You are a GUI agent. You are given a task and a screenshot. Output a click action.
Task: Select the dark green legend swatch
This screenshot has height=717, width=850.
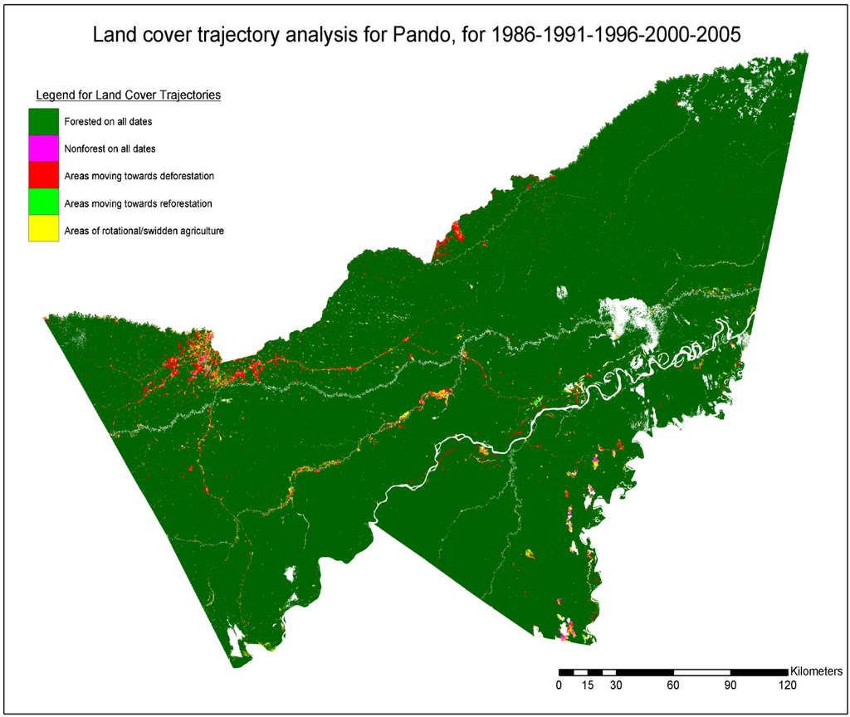tap(43, 121)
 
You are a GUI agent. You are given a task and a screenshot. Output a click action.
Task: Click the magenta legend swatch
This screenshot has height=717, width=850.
tap(43, 149)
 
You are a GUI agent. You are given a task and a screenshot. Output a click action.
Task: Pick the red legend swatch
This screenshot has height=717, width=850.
tap(43, 176)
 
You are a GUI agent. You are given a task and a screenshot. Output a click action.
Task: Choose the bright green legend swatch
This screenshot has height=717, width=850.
tap(43, 203)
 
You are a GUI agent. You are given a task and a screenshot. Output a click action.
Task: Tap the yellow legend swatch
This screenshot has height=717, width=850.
tap(43, 230)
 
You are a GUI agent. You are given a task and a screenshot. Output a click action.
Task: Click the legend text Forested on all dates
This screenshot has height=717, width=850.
tap(108, 122)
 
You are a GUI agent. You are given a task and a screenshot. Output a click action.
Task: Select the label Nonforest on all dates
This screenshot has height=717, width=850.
tap(110, 149)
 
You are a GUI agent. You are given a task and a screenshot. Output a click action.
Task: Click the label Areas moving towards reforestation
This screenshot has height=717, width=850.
tap(138, 204)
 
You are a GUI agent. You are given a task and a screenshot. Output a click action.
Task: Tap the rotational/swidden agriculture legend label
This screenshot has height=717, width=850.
tap(144, 231)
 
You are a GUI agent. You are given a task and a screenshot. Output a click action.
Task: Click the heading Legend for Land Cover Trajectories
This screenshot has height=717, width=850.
tap(128, 95)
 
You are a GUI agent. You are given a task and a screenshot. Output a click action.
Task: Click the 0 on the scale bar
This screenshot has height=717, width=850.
tap(559, 685)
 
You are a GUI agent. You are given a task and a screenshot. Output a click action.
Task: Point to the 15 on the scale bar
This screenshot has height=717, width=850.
tap(588, 685)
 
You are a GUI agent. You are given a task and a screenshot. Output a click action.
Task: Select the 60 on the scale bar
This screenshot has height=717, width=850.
tap(673, 685)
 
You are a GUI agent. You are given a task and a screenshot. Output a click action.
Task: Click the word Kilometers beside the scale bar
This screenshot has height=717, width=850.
tap(817, 671)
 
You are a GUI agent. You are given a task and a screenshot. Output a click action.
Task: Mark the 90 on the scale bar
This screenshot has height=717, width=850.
tap(730, 685)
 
